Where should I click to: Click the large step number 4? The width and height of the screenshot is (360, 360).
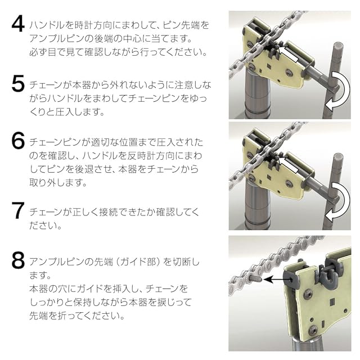pos(18,25)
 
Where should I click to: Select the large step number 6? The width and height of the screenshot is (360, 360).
pos(18,141)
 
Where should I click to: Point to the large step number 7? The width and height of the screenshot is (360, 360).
pos(19,211)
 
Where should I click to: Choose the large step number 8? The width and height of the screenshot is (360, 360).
pos(18,260)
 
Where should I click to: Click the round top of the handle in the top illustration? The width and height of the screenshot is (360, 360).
pos(337,45)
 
